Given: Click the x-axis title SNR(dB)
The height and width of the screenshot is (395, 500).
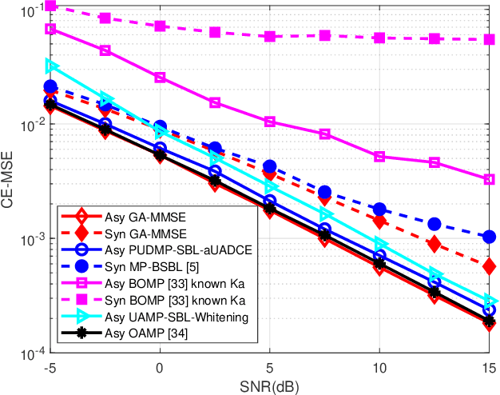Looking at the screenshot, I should tap(269, 386).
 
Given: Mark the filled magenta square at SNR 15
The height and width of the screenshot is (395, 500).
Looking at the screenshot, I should tap(489, 39).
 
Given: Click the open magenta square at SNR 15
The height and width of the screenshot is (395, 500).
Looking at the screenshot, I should tap(489, 180).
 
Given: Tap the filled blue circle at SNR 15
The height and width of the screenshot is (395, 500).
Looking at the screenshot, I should tap(489, 237).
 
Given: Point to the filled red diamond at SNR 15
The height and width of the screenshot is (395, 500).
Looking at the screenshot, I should tap(489, 265).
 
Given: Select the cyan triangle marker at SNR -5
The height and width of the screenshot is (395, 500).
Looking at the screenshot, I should tap(51, 66).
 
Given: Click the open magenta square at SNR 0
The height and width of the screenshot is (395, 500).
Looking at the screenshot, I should tap(160, 78).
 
